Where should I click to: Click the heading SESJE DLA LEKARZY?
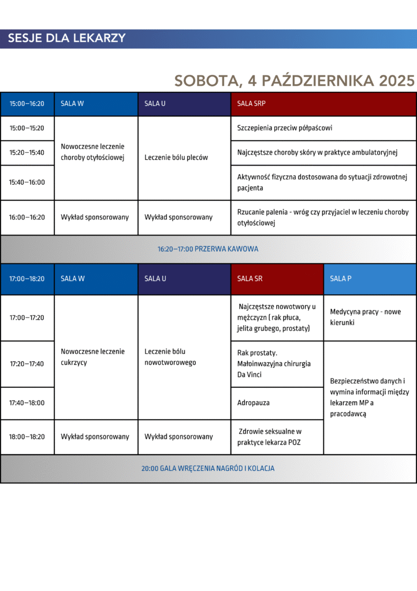[x=67, y=39]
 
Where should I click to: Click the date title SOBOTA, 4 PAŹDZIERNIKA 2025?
[x=295, y=80]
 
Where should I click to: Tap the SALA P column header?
[x=370, y=279]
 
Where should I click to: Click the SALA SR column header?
[x=277, y=279]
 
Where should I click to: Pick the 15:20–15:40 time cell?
[x=27, y=153]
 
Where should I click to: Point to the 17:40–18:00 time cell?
[x=27, y=403]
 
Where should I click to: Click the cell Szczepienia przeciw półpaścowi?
[x=323, y=128]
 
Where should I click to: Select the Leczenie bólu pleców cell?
[x=184, y=158]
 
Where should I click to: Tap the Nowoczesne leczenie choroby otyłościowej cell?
[x=96, y=152]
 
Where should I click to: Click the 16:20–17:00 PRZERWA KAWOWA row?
[x=208, y=249]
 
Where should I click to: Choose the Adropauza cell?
[x=277, y=403]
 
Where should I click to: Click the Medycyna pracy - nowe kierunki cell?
[x=370, y=317]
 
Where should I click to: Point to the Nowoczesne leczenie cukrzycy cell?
[x=96, y=357]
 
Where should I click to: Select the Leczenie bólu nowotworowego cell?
[x=184, y=357]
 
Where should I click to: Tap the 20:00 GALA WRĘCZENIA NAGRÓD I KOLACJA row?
[x=208, y=469]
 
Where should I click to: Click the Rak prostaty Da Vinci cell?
[x=277, y=364]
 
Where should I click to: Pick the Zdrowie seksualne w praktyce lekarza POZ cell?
[x=277, y=437]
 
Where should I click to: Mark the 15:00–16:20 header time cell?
[x=27, y=104]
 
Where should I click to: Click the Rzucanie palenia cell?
[x=323, y=218]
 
